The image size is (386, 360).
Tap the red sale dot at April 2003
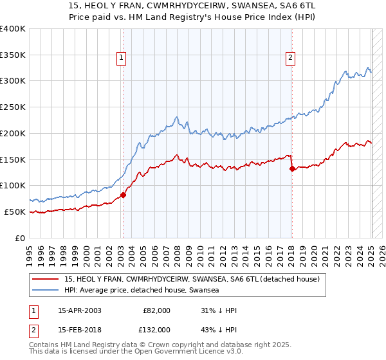tap(123, 195)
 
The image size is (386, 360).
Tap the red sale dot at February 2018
tap(292, 169)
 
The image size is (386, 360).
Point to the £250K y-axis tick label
tap(13, 107)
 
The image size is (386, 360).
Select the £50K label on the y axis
tap(15, 212)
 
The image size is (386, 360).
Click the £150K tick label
tap(13, 159)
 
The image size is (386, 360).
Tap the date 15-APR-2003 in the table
tap(79, 310)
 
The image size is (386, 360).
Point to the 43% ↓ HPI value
tap(219, 329)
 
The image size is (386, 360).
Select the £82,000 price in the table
tap(156, 310)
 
